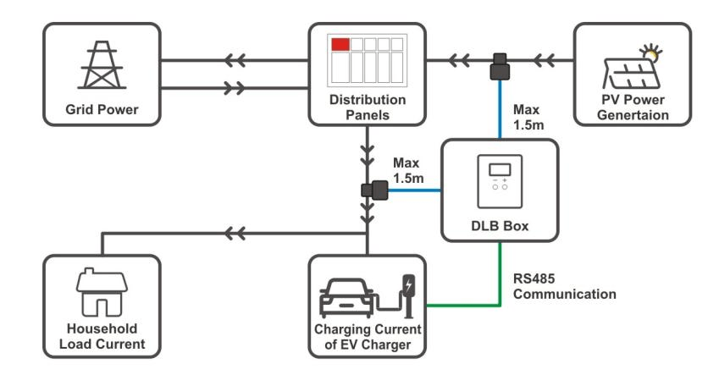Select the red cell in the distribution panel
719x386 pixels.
pyautogui.click(x=340, y=44)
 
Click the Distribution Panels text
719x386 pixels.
pyautogui.click(x=368, y=108)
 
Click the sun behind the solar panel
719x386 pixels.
pyautogui.click(x=651, y=52)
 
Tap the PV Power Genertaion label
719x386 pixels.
pyautogui.click(x=633, y=108)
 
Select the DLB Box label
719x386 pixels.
pyautogui.click(x=499, y=227)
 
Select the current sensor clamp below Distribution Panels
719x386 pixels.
pyautogui.click(x=372, y=192)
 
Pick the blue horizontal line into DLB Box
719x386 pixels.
pyautogui.click(x=415, y=192)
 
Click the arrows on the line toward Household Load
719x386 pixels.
pyautogui.click(x=237, y=231)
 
